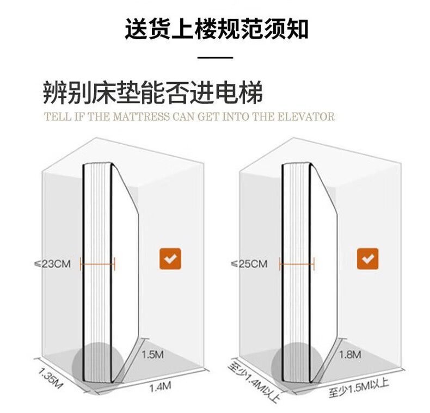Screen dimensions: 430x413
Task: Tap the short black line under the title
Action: (214, 57)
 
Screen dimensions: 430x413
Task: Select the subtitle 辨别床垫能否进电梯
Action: (152, 93)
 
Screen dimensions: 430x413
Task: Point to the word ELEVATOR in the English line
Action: (306, 116)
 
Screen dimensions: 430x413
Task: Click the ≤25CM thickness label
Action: (249, 264)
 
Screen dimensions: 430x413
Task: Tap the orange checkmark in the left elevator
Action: (170, 259)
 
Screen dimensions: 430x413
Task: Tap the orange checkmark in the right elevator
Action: (367, 258)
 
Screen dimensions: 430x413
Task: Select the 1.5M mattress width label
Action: (152, 355)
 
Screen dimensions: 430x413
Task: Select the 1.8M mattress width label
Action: (350, 355)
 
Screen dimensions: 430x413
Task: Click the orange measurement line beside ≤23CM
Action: (98, 264)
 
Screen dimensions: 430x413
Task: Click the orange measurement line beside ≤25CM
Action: (297, 264)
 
